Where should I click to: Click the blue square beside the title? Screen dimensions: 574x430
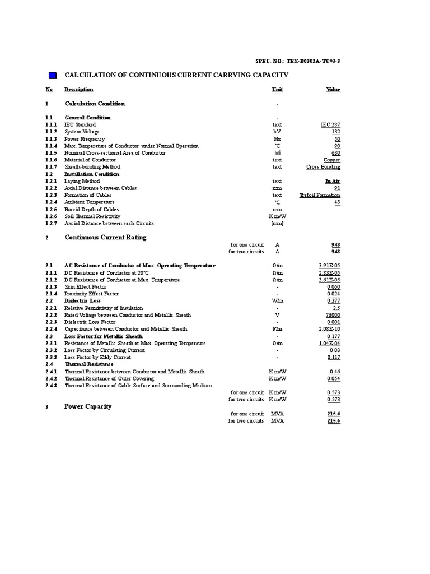coord(53,75)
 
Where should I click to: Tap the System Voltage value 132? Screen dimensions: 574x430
coord(335,132)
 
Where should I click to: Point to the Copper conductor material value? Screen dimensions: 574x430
coord(331,160)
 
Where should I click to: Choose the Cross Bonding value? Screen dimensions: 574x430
coord(323,167)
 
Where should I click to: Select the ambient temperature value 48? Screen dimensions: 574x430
coord(336,202)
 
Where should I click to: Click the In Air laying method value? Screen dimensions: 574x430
coord(332,181)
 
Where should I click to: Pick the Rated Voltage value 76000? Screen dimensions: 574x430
coord(330,315)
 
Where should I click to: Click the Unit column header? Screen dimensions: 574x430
coord(277,90)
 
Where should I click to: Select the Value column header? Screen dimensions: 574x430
coord(333,90)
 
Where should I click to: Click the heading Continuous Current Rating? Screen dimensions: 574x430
coord(105,237)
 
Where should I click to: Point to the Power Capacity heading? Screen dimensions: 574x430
coord(88,406)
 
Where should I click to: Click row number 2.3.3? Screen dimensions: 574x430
coord(51,357)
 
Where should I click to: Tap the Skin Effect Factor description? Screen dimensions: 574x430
coord(85,286)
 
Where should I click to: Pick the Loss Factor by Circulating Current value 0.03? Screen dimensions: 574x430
coord(334,350)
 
